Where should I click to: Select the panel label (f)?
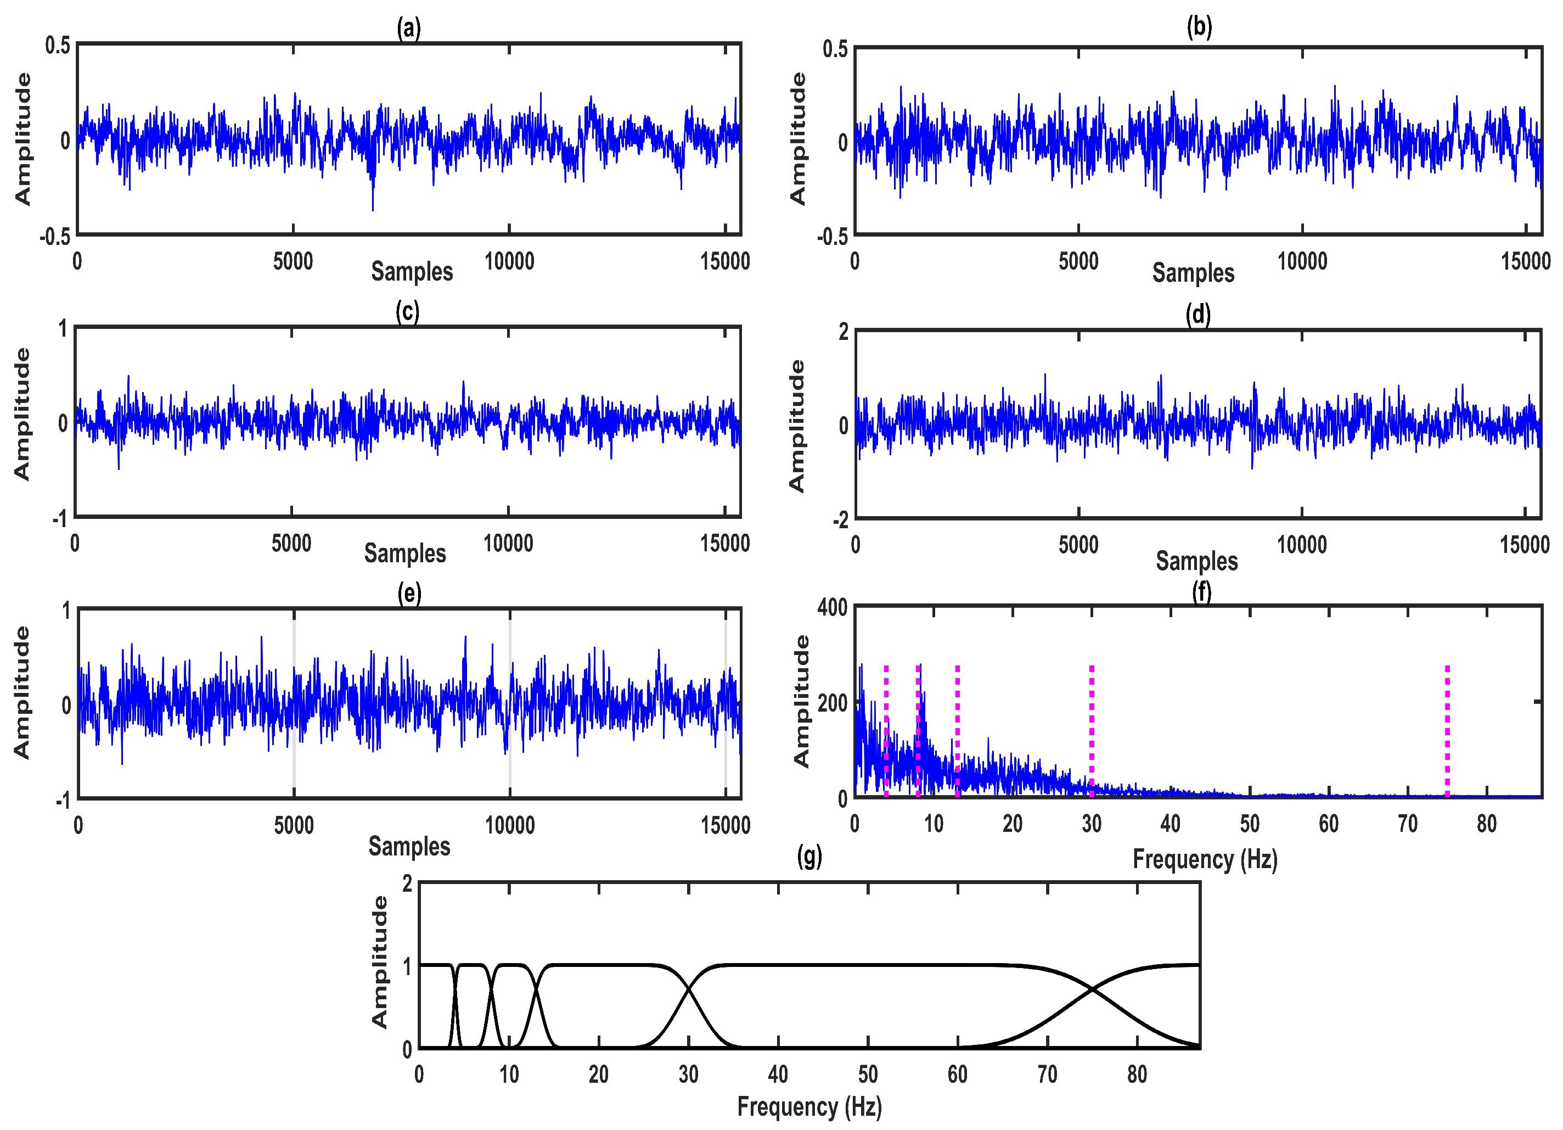(1201, 591)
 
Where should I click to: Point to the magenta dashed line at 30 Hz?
(1092, 731)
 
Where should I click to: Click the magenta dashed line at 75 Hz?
(1447, 731)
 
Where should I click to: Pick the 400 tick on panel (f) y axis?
(832, 607)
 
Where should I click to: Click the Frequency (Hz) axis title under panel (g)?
(809, 1106)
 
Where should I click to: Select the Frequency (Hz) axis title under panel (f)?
(1205, 859)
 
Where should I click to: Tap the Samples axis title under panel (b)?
(1193, 272)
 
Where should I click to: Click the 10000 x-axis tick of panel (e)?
(509, 825)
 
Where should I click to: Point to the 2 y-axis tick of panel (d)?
(844, 332)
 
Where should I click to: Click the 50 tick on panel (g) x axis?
(868, 1074)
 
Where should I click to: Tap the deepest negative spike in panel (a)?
(373, 209)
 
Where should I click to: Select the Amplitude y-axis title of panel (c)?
(22, 413)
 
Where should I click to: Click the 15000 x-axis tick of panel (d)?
(1525, 545)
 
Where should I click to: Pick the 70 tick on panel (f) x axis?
(1407, 824)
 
